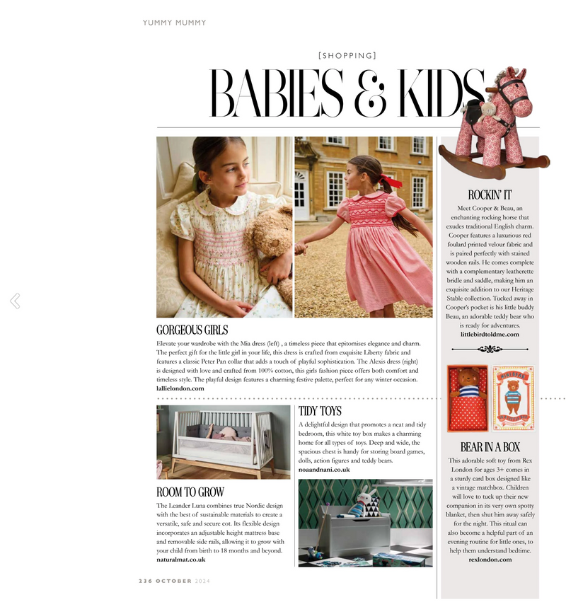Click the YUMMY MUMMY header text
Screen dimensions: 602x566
(x=174, y=23)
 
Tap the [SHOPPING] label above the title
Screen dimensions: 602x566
(x=347, y=55)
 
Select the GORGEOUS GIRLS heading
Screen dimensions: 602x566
(x=192, y=330)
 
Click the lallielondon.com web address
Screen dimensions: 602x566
(x=180, y=388)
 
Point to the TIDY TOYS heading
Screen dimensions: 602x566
(x=320, y=411)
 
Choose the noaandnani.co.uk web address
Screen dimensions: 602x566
(x=324, y=469)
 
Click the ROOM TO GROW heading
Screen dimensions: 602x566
(x=190, y=492)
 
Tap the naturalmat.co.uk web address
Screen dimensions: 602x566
(x=181, y=560)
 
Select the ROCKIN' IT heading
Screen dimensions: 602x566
(x=490, y=195)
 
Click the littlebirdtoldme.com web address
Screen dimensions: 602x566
(x=490, y=334)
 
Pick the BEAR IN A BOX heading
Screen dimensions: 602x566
(x=490, y=447)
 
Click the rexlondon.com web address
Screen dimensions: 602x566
(x=490, y=560)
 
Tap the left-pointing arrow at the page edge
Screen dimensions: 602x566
(x=14, y=301)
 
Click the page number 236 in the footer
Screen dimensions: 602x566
(x=145, y=581)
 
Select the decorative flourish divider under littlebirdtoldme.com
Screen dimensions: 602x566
(x=490, y=349)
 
